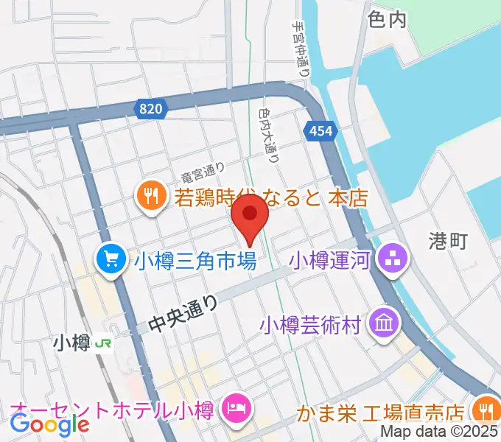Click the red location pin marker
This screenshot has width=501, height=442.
pyautogui.click(x=250, y=214)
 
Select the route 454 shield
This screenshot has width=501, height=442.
pyautogui.click(x=315, y=130)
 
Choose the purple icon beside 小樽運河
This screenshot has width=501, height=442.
pyautogui.click(x=389, y=259)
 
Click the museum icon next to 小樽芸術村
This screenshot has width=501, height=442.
pyautogui.click(x=385, y=323)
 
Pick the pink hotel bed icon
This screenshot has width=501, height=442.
pyautogui.click(x=237, y=407)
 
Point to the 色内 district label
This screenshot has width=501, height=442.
pyautogui.click(x=386, y=20)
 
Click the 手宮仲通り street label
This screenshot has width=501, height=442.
pyautogui.click(x=301, y=49)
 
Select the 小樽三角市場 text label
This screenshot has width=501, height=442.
pyautogui.click(x=195, y=259)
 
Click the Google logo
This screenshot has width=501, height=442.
pyautogui.click(x=49, y=424)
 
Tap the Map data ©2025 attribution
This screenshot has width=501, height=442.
pyautogui.click(x=440, y=432)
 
